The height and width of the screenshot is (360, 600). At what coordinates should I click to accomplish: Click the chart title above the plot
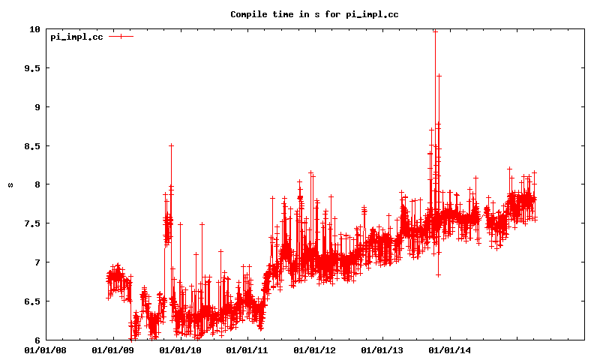[x=313, y=14]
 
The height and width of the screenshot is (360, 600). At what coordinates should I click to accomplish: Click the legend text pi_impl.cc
[x=76, y=37]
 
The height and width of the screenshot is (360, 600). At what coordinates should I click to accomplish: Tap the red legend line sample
[x=121, y=36]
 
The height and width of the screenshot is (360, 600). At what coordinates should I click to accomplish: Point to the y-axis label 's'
[x=10, y=184]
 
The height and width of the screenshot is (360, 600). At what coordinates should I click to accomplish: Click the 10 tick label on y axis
[x=34, y=29]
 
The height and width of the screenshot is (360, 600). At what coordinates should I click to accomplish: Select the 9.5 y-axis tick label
[x=31, y=68]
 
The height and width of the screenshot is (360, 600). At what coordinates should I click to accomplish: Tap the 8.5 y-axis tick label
[x=31, y=145]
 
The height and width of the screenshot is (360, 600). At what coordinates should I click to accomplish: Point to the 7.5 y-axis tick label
[x=31, y=223]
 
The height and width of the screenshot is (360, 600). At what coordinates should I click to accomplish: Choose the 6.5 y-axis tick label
[x=31, y=301]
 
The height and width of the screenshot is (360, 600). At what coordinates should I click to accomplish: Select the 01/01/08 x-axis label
[x=46, y=349]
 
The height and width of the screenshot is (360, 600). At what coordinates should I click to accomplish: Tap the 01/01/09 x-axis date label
[x=113, y=349]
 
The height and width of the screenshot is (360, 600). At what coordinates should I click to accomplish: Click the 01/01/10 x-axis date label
[x=180, y=349]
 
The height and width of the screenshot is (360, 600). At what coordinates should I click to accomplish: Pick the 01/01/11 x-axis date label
[x=247, y=349]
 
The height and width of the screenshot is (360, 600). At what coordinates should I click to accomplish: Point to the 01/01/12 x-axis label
[x=313, y=349]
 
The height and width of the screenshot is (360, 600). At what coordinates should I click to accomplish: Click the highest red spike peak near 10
[x=435, y=31]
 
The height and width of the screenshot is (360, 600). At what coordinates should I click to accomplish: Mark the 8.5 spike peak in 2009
[x=171, y=145]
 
